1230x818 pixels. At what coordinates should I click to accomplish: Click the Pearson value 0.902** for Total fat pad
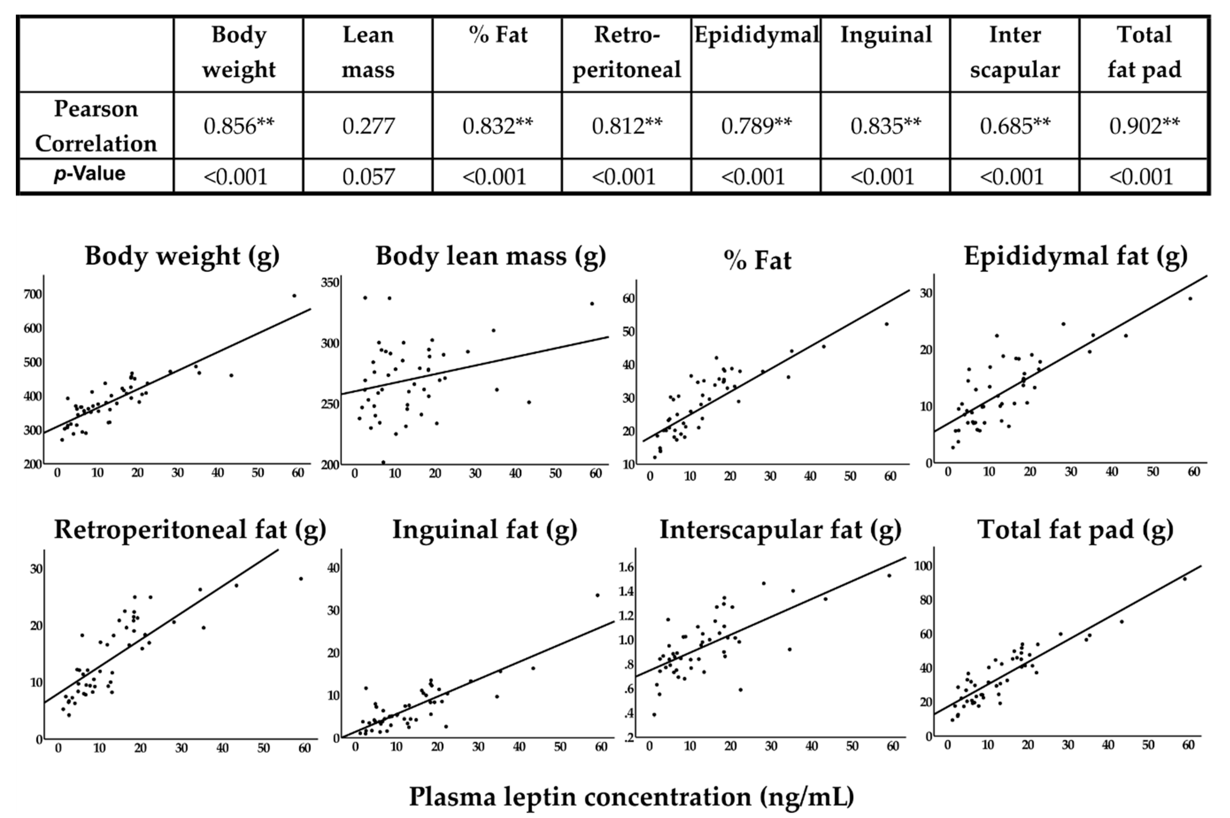pos(1143,126)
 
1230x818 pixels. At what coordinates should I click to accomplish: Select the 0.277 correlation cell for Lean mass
pos(368,126)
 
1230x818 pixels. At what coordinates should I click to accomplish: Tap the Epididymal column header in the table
pos(756,35)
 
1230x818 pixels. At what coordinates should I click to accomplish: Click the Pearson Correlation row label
pos(96,126)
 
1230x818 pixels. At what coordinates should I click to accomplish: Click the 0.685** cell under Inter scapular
pos(1014,126)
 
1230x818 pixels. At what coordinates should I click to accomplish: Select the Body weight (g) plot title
pos(182,256)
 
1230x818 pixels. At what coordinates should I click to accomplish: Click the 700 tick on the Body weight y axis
pos(32,294)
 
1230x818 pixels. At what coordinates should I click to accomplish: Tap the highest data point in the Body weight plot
pos(294,296)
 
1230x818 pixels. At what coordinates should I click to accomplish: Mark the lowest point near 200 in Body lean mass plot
pos(383,462)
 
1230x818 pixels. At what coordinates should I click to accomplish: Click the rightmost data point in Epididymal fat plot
pos(1190,298)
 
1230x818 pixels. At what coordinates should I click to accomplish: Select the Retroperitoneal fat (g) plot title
pos(190,530)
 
